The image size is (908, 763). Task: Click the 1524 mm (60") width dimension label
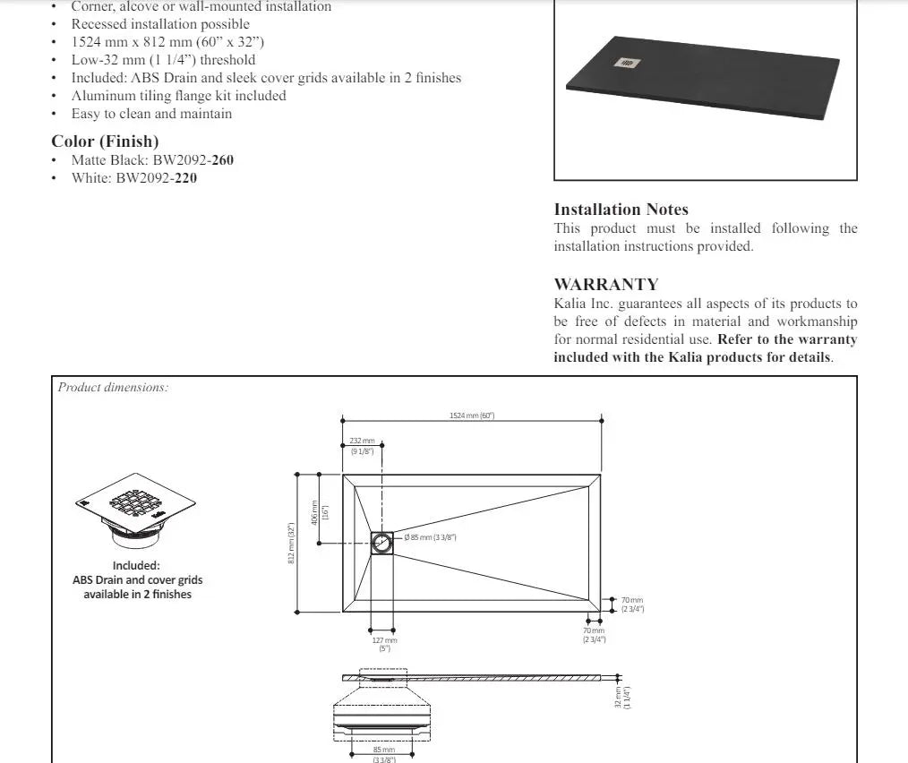point(472,416)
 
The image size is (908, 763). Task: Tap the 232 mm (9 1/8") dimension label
point(363,446)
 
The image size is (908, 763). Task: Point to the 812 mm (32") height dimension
point(291,544)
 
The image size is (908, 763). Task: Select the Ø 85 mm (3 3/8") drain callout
point(431,537)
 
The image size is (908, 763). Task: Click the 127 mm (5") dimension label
point(384,644)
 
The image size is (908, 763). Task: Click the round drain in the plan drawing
point(382,543)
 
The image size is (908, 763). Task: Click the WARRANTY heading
point(606,285)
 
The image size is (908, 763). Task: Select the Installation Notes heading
point(621,210)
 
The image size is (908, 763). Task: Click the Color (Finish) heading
point(105,141)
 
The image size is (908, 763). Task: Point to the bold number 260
point(223,160)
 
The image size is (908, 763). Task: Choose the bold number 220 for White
point(185,178)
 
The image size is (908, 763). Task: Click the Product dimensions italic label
point(114,388)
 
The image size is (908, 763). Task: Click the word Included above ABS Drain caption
point(136,565)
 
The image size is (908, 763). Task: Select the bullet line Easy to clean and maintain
point(151,114)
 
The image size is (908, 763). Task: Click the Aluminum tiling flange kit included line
point(179,96)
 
